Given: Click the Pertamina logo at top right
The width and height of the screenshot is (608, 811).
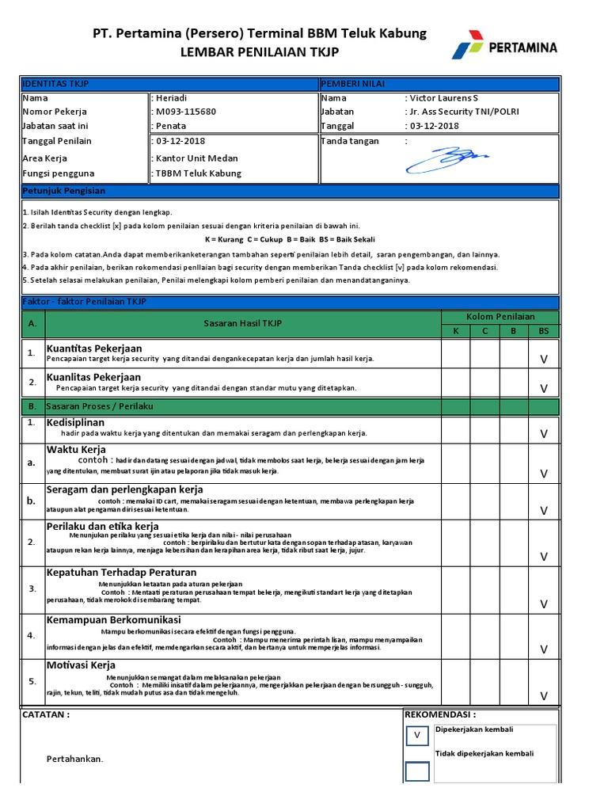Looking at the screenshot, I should click(504, 47).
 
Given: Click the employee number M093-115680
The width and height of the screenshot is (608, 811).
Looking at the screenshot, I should click(186, 112).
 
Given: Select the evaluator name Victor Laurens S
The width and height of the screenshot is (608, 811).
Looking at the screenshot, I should click(444, 98).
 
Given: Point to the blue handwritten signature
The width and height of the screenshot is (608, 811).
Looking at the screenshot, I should click(447, 158).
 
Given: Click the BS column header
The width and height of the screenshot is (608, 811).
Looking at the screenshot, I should click(543, 330).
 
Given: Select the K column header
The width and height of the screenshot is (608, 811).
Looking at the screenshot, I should click(455, 330).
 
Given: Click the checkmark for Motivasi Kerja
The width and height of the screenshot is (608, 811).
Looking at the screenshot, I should click(543, 696).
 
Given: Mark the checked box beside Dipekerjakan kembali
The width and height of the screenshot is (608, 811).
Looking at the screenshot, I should click(417, 737).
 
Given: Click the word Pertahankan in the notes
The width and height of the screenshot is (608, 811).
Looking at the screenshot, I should click(74, 759).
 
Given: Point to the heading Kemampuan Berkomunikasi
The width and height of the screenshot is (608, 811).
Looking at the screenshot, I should click(113, 619).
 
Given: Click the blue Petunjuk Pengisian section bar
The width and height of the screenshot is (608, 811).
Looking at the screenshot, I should click(290, 191).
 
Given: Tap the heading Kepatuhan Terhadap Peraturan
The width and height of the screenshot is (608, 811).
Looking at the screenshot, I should click(121, 573).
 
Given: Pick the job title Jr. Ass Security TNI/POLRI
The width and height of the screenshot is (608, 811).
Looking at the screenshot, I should click(463, 112).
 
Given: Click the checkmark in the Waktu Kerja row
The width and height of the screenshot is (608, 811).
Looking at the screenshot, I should click(543, 474).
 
